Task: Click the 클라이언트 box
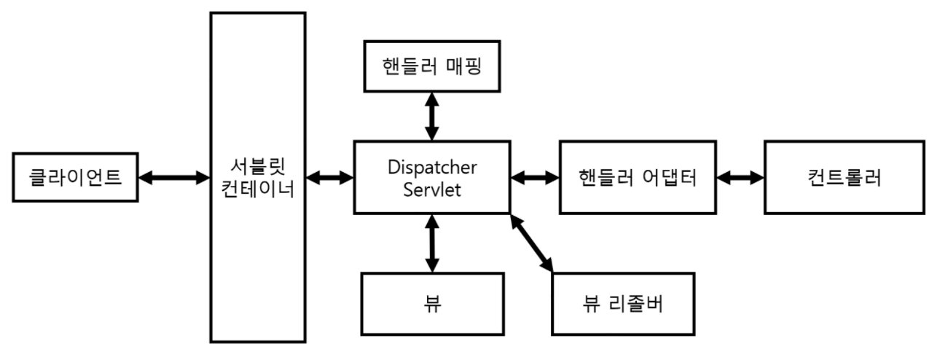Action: (x=77, y=177)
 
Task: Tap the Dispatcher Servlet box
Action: (x=432, y=177)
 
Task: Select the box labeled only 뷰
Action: (x=432, y=302)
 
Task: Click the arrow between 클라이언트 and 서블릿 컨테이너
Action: (x=174, y=177)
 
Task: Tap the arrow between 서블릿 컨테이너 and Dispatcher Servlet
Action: (x=329, y=177)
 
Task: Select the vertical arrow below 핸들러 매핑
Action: (x=432, y=115)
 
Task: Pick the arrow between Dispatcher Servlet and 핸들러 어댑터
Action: (x=534, y=177)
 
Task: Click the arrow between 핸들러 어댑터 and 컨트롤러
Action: (x=740, y=177)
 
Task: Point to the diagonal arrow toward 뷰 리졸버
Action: (x=533, y=243)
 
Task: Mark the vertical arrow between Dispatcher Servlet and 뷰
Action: (x=432, y=243)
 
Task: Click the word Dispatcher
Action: (x=432, y=168)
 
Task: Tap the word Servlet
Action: (x=432, y=189)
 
